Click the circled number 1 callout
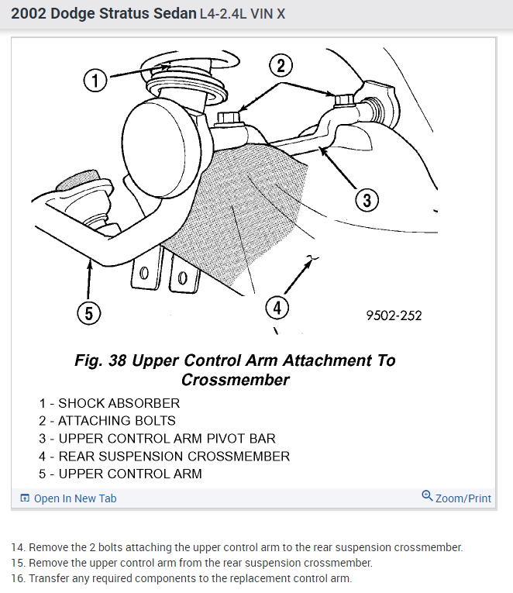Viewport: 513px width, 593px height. (x=95, y=81)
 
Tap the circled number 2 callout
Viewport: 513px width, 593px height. (x=281, y=65)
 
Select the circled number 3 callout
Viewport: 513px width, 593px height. (x=366, y=201)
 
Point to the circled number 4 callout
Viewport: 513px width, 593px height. (x=277, y=308)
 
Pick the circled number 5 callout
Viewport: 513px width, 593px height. (x=89, y=313)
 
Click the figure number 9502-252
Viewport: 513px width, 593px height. (x=394, y=315)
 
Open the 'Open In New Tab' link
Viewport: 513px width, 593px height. (x=75, y=498)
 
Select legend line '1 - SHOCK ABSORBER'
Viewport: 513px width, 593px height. (x=109, y=403)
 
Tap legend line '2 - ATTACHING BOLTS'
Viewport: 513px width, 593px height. (x=107, y=421)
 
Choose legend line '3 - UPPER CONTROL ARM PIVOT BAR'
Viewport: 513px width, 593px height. (x=157, y=439)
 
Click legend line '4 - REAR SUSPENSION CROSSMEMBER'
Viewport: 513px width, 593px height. (x=164, y=457)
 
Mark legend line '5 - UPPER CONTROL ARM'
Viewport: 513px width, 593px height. (x=120, y=474)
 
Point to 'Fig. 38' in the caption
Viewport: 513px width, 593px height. (x=101, y=360)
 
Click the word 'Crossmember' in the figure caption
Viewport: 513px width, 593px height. (x=235, y=380)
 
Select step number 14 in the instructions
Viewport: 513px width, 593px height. (x=18, y=547)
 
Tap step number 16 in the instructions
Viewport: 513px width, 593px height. (x=18, y=578)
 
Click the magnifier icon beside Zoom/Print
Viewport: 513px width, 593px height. (x=427, y=496)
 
